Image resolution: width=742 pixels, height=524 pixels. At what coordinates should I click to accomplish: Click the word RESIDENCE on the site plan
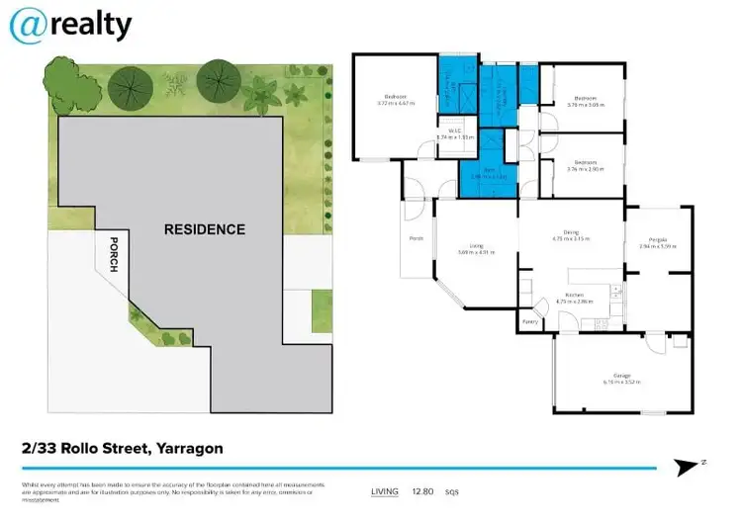[204, 229]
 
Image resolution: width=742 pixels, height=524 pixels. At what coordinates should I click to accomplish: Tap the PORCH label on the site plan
[114, 256]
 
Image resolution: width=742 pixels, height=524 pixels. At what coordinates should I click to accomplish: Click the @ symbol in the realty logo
[28, 26]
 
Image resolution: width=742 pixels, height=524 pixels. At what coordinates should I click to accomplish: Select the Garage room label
[622, 377]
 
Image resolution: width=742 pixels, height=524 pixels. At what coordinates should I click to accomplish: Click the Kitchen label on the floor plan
[573, 295]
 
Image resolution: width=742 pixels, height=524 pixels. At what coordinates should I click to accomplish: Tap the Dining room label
[569, 234]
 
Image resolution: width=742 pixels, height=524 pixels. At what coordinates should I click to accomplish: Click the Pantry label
[531, 322]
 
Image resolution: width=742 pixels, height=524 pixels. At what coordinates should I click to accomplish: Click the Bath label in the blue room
[488, 171]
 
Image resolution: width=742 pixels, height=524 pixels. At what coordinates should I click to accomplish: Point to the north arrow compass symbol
[685, 467]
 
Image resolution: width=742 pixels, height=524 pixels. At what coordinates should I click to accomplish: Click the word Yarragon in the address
[187, 448]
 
